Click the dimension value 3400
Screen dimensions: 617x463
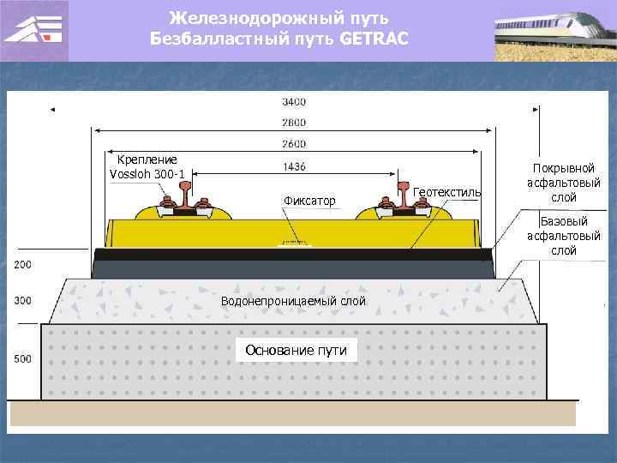click(x=293, y=101)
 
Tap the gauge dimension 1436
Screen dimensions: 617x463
click(x=293, y=166)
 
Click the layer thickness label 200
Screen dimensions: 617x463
click(x=22, y=265)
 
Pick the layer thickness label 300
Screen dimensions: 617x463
click(x=22, y=300)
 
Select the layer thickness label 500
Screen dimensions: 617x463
click(x=22, y=358)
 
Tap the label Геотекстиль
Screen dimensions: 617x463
click(x=446, y=192)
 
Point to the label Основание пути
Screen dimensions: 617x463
click(x=296, y=349)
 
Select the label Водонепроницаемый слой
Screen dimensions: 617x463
click(x=293, y=301)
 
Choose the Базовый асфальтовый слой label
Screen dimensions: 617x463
click(x=564, y=236)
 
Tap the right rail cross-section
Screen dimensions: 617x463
click(x=401, y=196)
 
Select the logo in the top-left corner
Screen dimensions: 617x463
click(x=33, y=31)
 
